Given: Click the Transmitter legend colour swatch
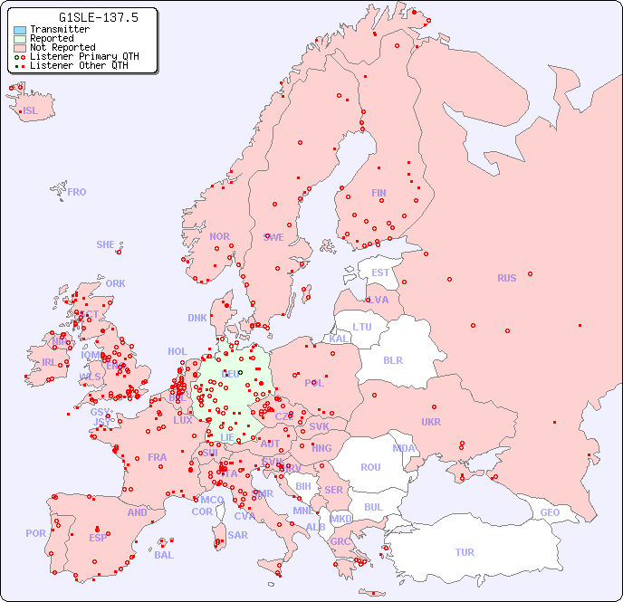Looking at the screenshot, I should click(20, 29).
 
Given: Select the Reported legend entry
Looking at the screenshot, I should click(51, 38).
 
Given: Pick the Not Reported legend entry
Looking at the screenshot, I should click(62, 47).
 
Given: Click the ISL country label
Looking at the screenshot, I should click(31, 111).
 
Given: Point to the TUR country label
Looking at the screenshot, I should click(465, 552).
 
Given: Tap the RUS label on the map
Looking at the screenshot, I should click(506, 278).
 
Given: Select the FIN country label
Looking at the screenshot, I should click(379, 193).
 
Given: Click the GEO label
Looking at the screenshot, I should click(550, 512).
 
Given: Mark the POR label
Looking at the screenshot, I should click(35, 533).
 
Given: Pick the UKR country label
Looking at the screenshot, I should click(431, 422).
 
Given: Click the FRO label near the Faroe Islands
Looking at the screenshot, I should click(77, 192).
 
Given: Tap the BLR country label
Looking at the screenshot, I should click(392, 359).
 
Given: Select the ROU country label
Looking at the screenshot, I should click(370, 467).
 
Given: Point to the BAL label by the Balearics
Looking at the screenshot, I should click(163, 555).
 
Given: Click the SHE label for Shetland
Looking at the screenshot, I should click(106, 244).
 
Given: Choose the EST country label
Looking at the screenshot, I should click(380, 272).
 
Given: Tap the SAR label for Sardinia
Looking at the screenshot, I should click(237, 535).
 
